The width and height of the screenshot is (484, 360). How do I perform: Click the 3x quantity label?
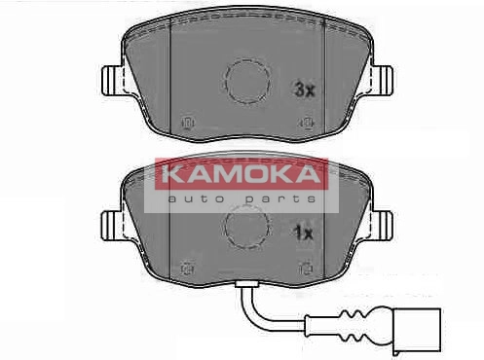pyautogui.click(x=305, y=90)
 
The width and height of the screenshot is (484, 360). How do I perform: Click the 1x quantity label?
pyautogui.click(x=303, y=234)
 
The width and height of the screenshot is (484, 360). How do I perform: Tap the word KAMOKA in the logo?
pyautogui.click(x=242, y=174)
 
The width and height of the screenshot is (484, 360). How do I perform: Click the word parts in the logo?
pyautogui.click(x=280, y=198)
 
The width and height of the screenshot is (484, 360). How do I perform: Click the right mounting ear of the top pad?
pyautogui.click(x=382, y=81)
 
